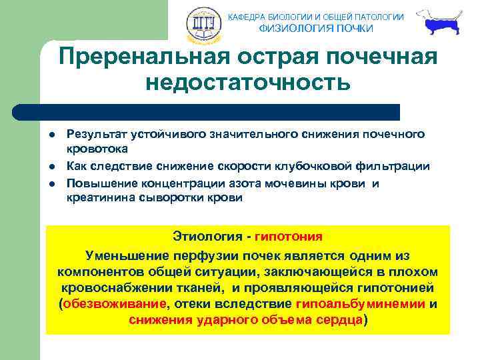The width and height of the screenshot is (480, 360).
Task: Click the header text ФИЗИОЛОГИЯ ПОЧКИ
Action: [x=316, y=29]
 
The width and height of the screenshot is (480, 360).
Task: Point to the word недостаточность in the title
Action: [x=247, y=83]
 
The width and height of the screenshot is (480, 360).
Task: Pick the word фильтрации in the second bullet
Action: [x=396, y=166]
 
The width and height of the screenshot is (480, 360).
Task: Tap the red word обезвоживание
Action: [x=114, y=304]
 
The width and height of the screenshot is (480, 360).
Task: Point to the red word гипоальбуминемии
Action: [x=360, y=304]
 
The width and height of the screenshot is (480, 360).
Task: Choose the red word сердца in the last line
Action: [x=338, y=320]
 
